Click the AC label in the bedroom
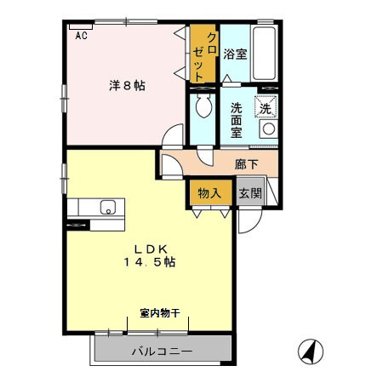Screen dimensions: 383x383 pyautogui.click(x=82, y=36)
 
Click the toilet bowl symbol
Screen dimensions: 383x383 pyautogui.click(x=203, y=107)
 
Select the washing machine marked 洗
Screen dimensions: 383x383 pyautogui.click(x=266, y=109)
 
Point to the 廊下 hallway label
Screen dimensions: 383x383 pyautogui.click(x=248, y=163)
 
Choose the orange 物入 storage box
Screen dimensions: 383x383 pyautogui.click(x=209, y=192)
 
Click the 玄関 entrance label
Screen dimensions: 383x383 pyautogui.click(x=250, y=193)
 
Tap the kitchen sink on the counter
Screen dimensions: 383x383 pyautogui.click(x=108, y=207)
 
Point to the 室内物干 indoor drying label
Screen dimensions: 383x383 pyautogui.click(x=160, y=313)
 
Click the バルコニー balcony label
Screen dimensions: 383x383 pyautogui.click(x=162, y=351)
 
